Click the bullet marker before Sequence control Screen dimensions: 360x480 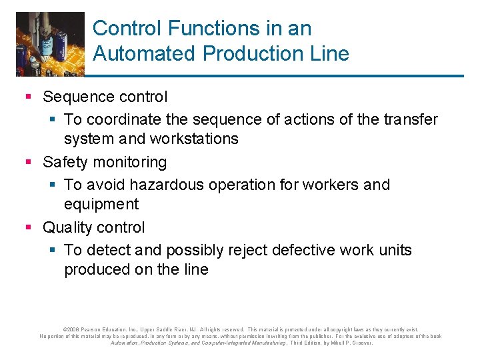[28, 97]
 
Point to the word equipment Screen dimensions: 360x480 [101, 204]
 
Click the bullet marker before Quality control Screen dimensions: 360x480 [28, 228]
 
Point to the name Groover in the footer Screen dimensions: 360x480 [361, 343]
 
